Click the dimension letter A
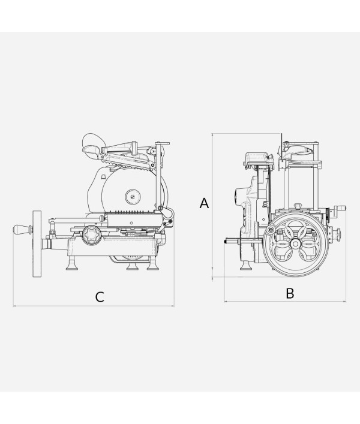tap(204, 203)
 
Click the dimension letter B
tap(290, 293)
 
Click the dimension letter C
tap(100, 297)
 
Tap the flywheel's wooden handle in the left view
tap(22, 230)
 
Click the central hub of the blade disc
tap(133, 196)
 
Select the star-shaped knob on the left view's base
tap(92, 234)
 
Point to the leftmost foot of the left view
tap(72, 264)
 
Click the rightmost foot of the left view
tap(153, 264)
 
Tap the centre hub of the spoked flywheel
tap(295, 244)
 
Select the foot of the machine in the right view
tap(246, 265)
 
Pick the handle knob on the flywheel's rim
tap(269, 230)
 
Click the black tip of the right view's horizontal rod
tap(226, 241)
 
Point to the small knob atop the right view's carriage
tap(298, 206)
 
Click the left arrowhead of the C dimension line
tap(14, 306)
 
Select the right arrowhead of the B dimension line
tap(344, 301)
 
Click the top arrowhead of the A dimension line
tap(212, 135)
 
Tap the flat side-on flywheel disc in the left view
tap(37, 243)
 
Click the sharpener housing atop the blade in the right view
tap(258, 160)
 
